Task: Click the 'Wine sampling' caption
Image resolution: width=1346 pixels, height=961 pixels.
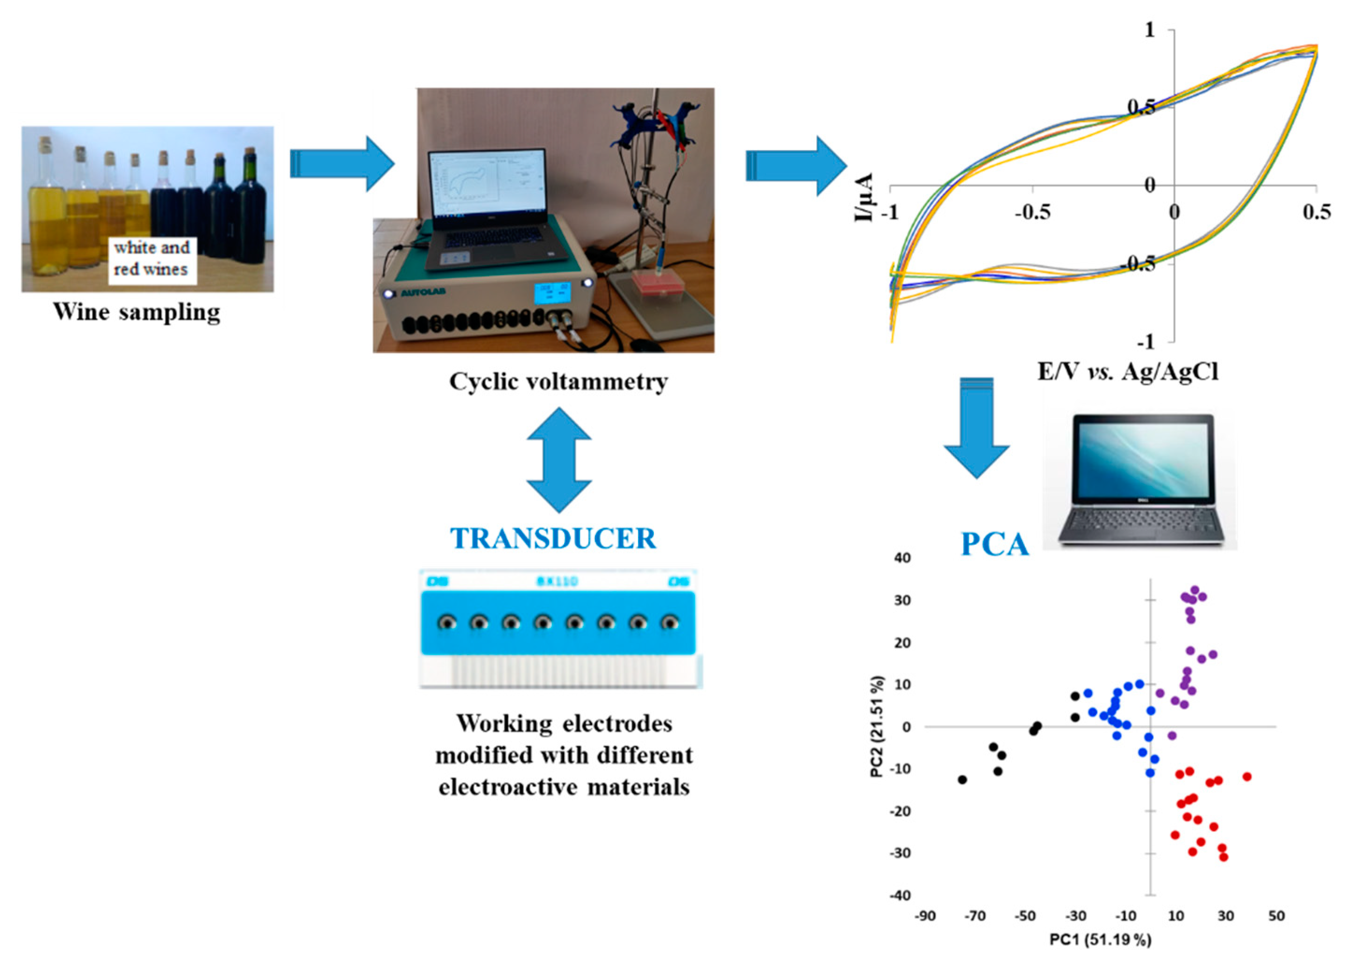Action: point(136,312)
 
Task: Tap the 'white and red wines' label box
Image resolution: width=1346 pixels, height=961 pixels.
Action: point(152,258)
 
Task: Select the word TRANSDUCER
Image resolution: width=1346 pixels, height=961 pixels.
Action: point(553,538)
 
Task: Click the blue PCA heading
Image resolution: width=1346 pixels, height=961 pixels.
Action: point(995,544)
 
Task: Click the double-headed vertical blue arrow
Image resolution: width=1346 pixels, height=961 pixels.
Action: point(558,459)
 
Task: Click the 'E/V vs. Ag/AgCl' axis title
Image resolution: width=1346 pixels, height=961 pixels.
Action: point(1128,372)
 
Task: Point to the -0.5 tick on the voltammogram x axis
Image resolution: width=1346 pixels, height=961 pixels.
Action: point(1032,212)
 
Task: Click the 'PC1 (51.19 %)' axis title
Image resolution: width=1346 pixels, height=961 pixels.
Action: point(1101,939)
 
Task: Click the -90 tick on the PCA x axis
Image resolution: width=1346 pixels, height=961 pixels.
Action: point(925,917)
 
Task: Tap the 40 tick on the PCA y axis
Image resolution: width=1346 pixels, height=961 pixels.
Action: point(902,558)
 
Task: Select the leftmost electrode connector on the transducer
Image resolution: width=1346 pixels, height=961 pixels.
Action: point(447,623)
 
